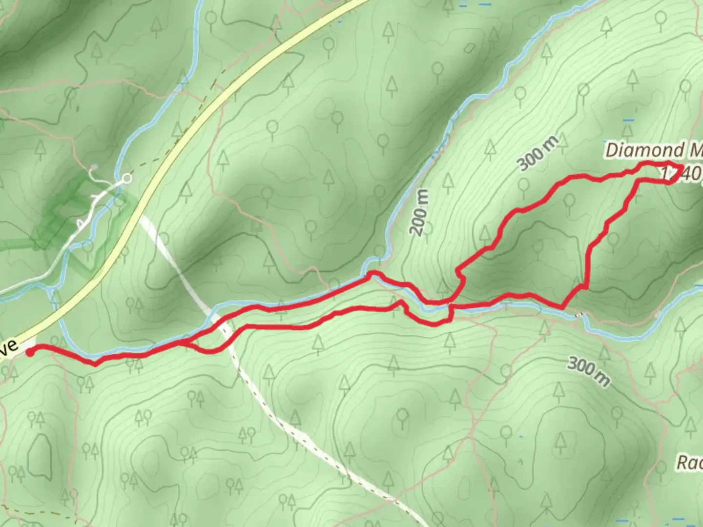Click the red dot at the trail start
[x=30, y=351]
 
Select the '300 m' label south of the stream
[x=588, y=371]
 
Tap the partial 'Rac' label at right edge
[x=689, y=463]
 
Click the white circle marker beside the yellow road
[x=127, y=179]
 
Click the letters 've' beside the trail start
[x=10, y=347]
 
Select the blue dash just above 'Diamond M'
[x=628, y=120]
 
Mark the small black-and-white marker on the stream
[x=579, y=315]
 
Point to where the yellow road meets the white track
[x=138, y=215]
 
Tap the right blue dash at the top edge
[x=485, y=4]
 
